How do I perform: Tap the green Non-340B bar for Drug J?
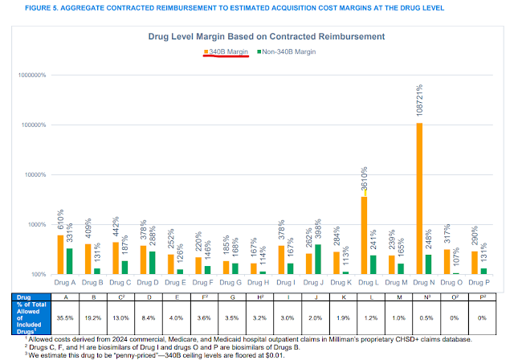[317, 259]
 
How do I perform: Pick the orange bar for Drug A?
[60, 254]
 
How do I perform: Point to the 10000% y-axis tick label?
[35, 175]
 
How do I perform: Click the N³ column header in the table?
[420, 297]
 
